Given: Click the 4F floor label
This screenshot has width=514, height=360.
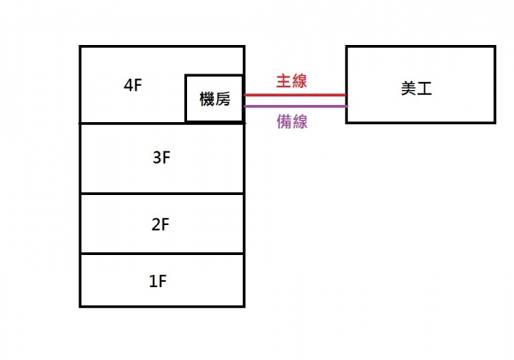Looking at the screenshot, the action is [x=133, y=85].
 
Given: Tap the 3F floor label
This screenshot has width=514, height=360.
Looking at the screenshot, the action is [x=161, y=157].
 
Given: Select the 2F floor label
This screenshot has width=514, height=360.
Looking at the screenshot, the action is [x=161, y=224].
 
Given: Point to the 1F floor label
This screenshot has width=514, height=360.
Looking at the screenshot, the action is [x=158, y=281].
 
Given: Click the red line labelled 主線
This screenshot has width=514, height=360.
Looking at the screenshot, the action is [x=295, y=95].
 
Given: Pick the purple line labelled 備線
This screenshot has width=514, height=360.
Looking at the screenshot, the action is [x=296, y=106].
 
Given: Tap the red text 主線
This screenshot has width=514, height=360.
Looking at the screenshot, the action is [x=291, y=81].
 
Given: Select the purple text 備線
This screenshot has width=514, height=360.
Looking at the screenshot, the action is [x=292, y=121].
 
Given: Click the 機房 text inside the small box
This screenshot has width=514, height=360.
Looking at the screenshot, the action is [x=215, y=99].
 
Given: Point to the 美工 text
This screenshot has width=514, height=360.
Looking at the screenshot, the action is [x=416, y=88].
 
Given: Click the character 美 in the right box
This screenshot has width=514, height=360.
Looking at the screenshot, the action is [x=408, y=88].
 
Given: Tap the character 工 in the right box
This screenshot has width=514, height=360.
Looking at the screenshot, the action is [x=425, y=89].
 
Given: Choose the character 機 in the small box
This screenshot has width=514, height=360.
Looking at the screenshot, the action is [x=207, y=99].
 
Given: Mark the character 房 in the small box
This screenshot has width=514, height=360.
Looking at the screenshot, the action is [x=223, y=99].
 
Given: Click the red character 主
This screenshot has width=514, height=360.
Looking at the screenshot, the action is [x=283, y=81].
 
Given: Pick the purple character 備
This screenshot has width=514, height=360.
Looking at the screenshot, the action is [x=284, y=121].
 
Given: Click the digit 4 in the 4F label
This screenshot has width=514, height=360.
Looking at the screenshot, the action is [x=128, y=85].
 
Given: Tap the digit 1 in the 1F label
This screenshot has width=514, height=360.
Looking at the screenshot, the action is [x=153, y=281].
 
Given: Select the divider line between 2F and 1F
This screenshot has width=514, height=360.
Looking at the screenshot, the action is [x=162, y=254].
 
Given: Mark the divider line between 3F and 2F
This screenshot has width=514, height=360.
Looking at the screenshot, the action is [x=162, y=194].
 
